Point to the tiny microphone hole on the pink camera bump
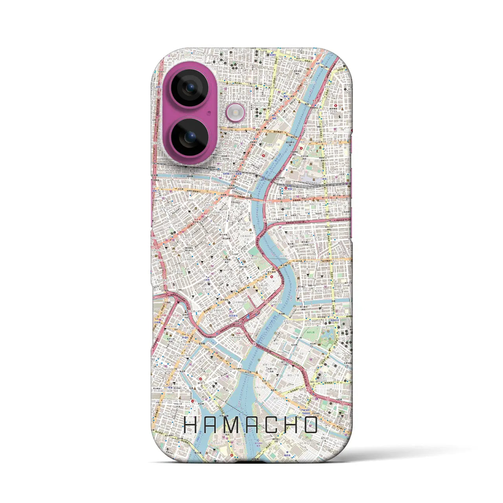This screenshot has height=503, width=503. pos(209,112)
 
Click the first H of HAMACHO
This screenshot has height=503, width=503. pos(191,424)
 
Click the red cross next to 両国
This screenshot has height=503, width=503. pos(285,188)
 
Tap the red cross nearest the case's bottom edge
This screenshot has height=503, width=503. pos(232,456)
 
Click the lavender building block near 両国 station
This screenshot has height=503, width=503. pos(310,179)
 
